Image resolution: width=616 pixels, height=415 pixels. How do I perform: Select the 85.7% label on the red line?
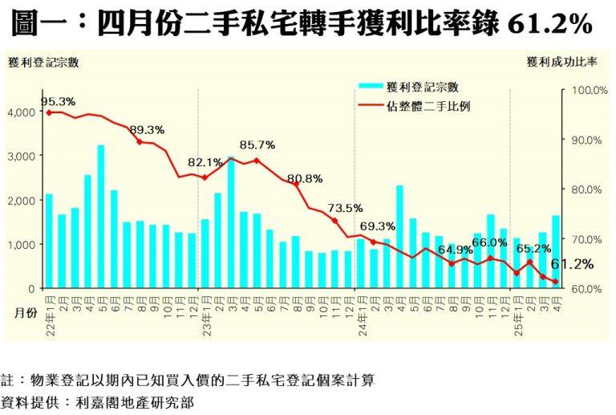tap(257, 145)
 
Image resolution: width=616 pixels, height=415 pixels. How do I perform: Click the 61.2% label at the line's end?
tap(572, 264)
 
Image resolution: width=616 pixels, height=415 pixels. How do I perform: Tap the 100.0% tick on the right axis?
tap(586, 90)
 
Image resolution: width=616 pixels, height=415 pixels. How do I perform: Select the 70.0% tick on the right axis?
tap(586, 239)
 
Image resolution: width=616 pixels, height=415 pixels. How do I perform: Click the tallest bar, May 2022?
tap(101, 217)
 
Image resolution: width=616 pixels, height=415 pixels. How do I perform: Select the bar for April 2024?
tap(399, 237)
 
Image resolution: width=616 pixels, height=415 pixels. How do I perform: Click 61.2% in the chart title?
tap(550, 25)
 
